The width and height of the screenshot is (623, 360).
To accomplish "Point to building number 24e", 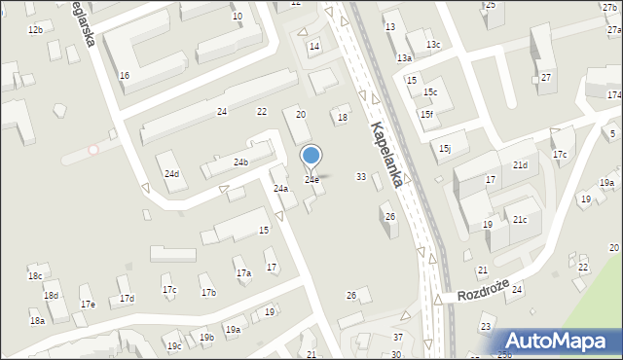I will tap(311, 180).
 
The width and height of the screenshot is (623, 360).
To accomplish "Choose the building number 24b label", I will tap(239, 162).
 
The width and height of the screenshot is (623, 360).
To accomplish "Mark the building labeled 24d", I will tap(171, 174).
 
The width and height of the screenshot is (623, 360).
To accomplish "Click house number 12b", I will tap(35, 30).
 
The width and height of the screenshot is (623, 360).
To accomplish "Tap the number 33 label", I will tap(361, 176).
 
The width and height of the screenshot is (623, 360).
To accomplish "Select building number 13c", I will tap(432, 45).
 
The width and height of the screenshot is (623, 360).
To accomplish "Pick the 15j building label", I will tap(445, 148).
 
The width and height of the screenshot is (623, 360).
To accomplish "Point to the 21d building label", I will tap(520, 165).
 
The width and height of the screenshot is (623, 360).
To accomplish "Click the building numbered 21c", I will tap(520, 220).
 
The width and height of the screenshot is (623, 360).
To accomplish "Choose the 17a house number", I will tap(243, 273).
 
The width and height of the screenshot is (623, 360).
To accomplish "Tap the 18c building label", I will tap(35, 276).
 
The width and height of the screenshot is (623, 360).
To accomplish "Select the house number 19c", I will tap(173, 346).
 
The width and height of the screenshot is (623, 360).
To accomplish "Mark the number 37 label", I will tap(397, 337).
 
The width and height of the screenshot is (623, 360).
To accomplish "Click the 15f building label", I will tap(426, 114).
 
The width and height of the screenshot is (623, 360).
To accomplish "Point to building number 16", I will tap(125, 75).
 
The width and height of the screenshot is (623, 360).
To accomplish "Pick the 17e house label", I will tap(88, 305).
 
